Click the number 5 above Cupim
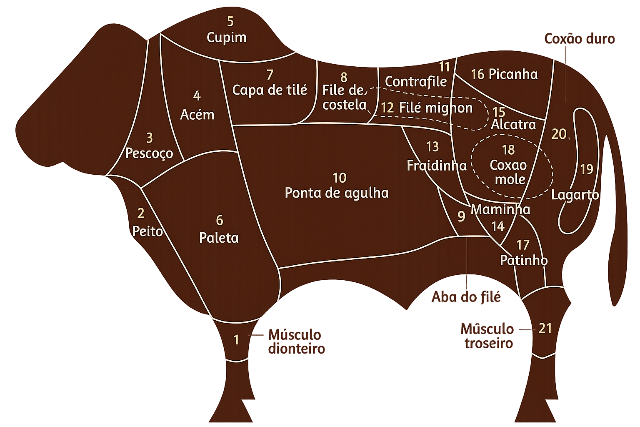(x=230, y=21)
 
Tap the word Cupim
(x=227, y=38)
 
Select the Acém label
(x=197, y=114)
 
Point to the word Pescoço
(x=149, y=153)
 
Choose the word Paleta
(x=219, y=238)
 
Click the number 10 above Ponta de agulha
(x=340, y=178)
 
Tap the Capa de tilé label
(x=270, y=90)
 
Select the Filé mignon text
(x=435, y=108)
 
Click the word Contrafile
(x=415, y=81)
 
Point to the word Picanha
(x=513, y=74)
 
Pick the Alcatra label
(x=513, y=124)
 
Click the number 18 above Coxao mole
(x=508, y=150)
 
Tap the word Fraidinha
(x=436, y=166)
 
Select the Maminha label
(x=500, y=209)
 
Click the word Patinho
(x=523, y=260)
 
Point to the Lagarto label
(x=575, y=195)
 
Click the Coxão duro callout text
(x=579, y=39)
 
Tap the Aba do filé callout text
(x=466, y=297)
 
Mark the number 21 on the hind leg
(x=545, y=329)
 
